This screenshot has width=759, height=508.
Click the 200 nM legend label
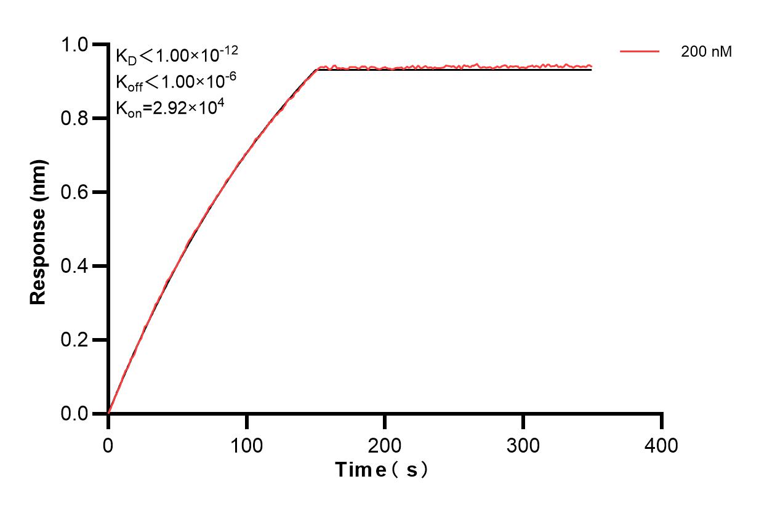(x=706, y=52)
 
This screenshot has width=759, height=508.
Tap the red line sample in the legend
(x=640, y=52)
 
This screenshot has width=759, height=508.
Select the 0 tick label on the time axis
(x=108, y=445)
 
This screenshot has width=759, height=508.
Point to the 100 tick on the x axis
(x=246, y=445)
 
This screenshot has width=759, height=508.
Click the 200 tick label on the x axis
(x=385, y=445)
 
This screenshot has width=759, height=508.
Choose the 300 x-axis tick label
(x=523, y=445)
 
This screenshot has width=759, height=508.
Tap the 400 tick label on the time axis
(x=662, y=445)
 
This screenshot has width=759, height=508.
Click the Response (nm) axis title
(x=39, y=231)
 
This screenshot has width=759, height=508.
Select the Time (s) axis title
(x=382, y=470)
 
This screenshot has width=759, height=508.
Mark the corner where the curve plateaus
(x=318, y=69)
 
